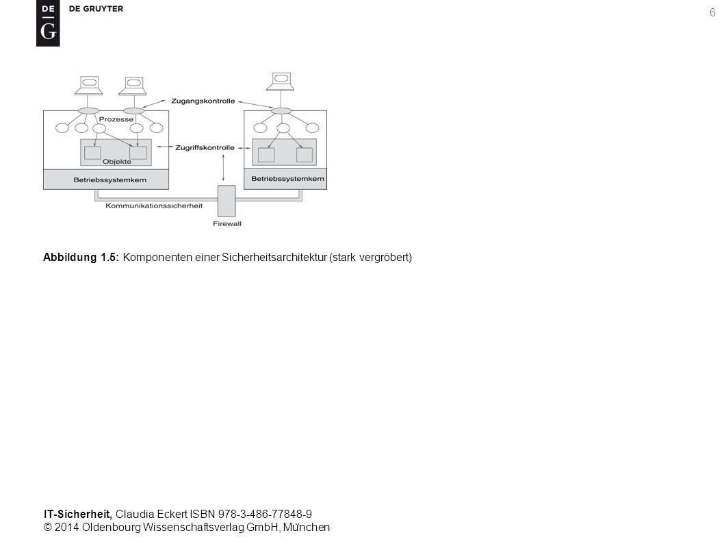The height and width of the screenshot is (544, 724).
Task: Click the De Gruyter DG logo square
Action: (48, 23)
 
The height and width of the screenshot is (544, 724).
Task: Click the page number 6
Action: (712, 12)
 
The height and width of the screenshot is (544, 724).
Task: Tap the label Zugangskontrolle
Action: (203, 101)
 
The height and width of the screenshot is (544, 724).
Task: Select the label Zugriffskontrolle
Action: (205, 147)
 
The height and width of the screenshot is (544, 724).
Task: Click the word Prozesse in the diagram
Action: (116, 119)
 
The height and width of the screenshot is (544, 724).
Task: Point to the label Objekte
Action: (117, 162)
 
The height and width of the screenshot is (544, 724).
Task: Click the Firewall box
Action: (227, 201)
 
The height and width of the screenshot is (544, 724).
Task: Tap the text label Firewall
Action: (227, 224)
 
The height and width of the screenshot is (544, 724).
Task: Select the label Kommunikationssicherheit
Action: (154, 206)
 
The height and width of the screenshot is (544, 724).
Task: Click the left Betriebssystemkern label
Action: (110, 180)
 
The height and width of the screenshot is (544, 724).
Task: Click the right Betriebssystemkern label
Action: (287, 178)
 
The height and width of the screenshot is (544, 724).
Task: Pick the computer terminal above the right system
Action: (281, 82)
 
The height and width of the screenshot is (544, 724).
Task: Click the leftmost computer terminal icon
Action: (89, 86)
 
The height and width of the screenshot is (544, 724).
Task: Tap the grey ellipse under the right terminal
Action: (281, 111)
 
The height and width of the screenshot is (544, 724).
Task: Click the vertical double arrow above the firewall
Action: (224, 168)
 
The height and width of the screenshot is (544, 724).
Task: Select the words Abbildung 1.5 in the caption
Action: (81, 257)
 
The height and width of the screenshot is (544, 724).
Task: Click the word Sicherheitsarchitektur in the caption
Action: (274, 257)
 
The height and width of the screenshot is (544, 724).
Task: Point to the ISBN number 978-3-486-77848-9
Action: (265, 514)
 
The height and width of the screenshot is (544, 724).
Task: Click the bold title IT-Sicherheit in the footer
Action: (77, 514)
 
